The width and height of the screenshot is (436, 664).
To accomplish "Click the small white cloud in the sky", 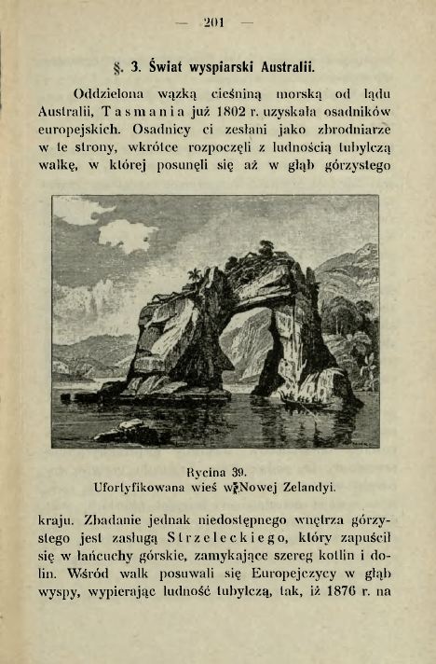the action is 126,236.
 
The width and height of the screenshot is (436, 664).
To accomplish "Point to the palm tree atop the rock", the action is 196,274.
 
